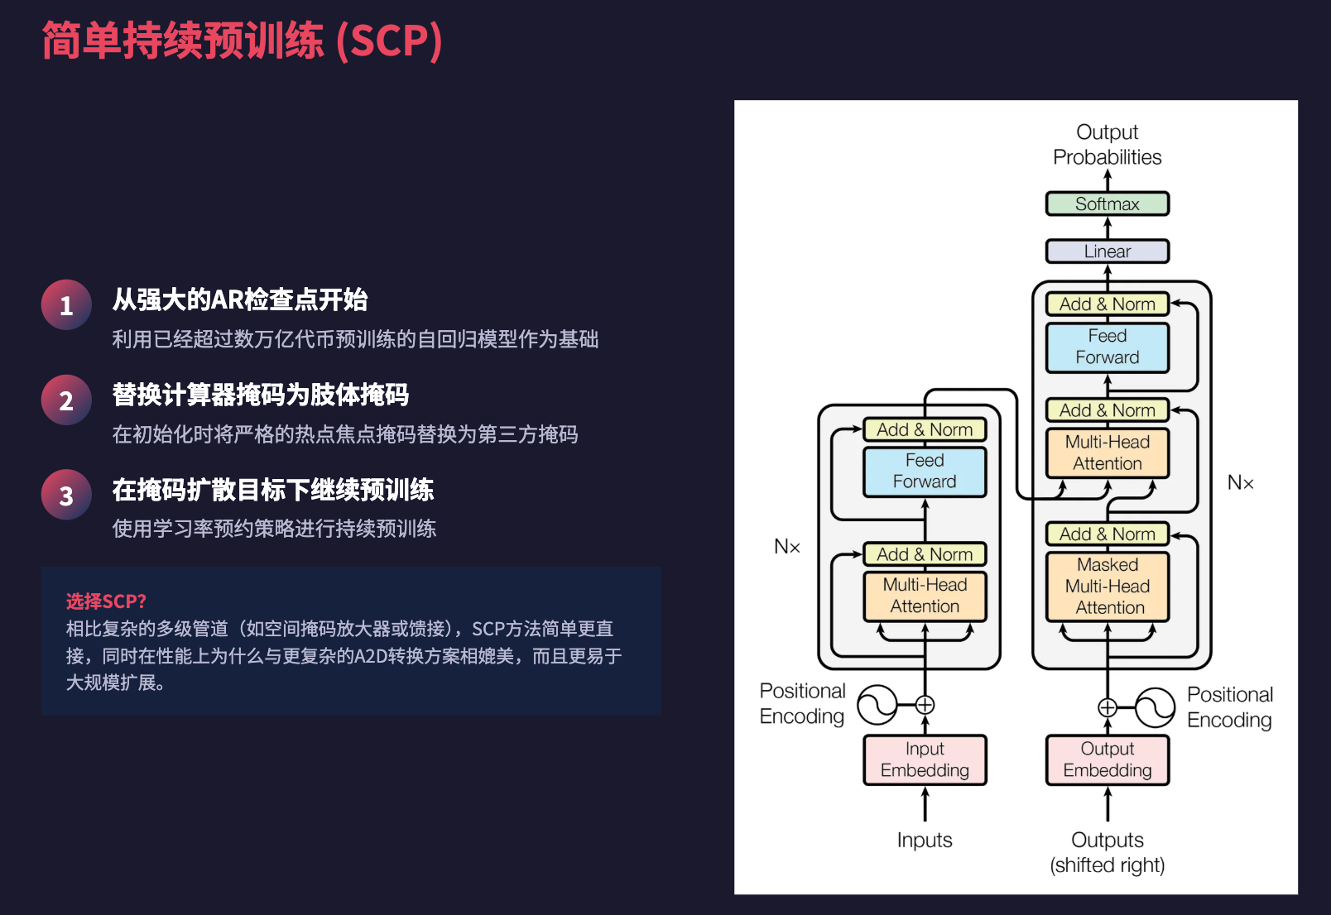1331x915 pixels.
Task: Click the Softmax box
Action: (1108, 204)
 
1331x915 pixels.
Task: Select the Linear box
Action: (1108, 252)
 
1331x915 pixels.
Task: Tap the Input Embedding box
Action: (925, 759)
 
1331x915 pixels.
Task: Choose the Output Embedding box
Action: (1108, 759)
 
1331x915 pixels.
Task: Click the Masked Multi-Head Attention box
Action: (1108, 587)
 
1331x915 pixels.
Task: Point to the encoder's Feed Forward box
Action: (925, 472)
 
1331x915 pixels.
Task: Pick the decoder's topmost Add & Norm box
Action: (1108, 304)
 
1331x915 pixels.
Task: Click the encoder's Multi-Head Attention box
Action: (925, 596)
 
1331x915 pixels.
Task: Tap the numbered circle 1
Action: (66, 305)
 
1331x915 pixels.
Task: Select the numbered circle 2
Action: (66, 400)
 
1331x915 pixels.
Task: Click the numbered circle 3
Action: (66, 496)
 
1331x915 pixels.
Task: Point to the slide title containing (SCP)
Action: (242, 41)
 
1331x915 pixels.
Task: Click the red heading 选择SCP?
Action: (106, 601)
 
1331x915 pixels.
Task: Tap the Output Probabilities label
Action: (1108, 145)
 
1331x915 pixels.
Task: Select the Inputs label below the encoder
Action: (925, 841)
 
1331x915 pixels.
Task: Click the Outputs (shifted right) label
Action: (1108, 853)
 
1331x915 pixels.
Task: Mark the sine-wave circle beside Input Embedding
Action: (877, 705)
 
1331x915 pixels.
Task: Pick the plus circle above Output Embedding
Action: (1108, 707)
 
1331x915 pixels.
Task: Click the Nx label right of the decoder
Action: (1240, 483)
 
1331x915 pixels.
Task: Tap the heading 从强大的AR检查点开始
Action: (240, 299)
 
